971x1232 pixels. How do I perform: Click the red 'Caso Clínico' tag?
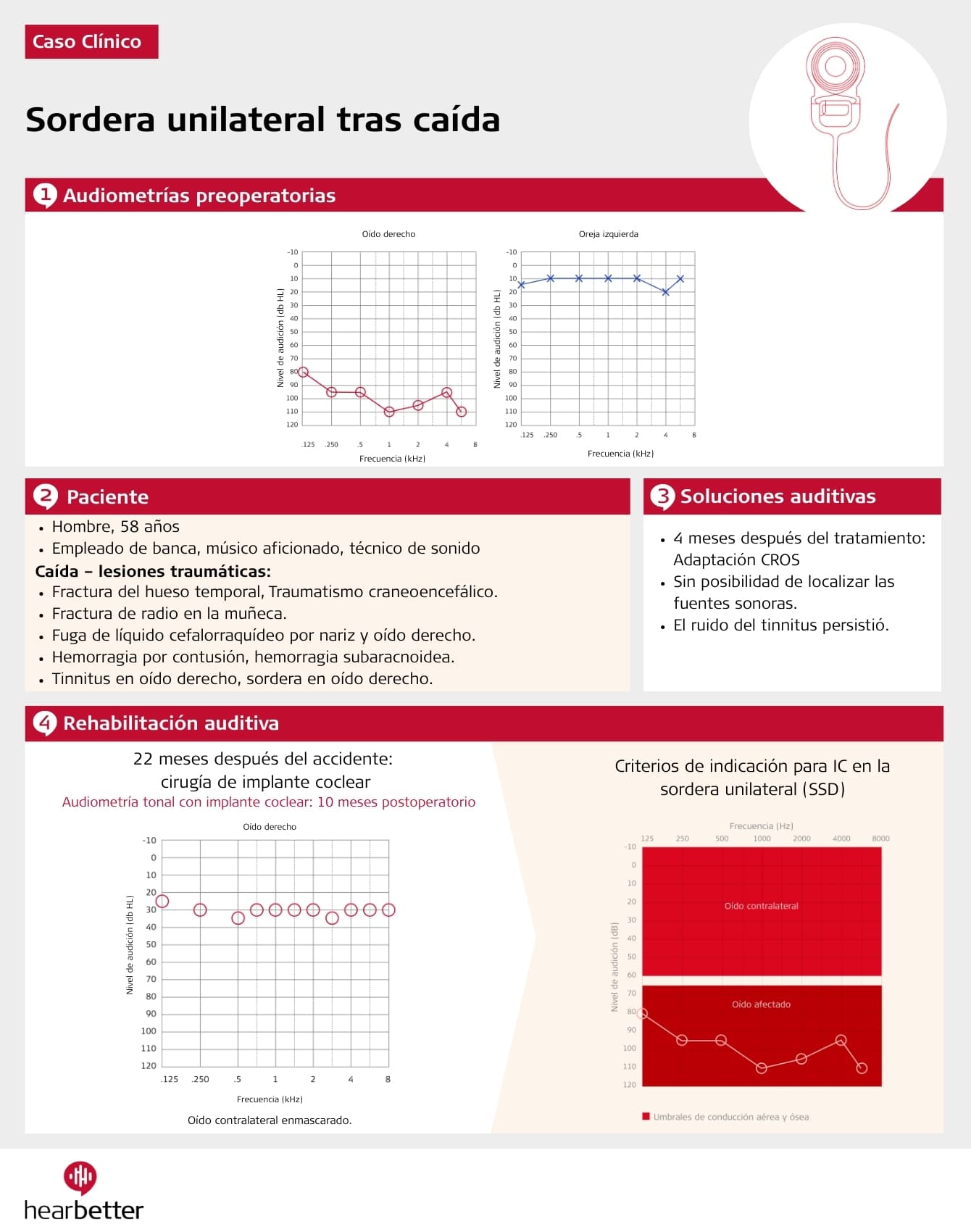(x=91, y=42)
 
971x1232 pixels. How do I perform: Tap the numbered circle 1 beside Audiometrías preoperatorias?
(x=45, y=195)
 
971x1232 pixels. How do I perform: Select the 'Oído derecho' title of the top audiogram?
(x=388, y=234)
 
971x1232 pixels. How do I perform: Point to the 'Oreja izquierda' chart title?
(x=608, y=234)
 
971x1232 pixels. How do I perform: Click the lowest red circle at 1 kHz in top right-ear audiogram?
(x=389, y=412)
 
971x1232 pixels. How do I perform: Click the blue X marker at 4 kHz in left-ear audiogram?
(x=665, y=292)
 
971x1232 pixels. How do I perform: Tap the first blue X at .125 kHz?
(x=522, y=285)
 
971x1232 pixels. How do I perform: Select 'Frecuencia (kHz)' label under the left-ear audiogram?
(x=620, y=454)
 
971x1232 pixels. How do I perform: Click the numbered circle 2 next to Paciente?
(x=45, y=496)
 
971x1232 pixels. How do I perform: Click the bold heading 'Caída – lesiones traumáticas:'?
(x=153, y=571)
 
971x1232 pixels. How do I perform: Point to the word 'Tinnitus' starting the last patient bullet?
(x=80, y=679)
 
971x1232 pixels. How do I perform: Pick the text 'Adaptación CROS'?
(x=736, y=560)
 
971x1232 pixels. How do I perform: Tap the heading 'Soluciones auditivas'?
(x=778, y=496)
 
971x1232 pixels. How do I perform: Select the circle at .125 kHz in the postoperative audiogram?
(x=162, y=902)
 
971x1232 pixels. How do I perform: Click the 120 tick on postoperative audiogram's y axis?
(x=149, y=1065)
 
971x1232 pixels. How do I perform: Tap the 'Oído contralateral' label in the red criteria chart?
(x=761, y=906)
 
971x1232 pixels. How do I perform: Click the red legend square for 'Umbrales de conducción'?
(x=646, y=1117)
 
